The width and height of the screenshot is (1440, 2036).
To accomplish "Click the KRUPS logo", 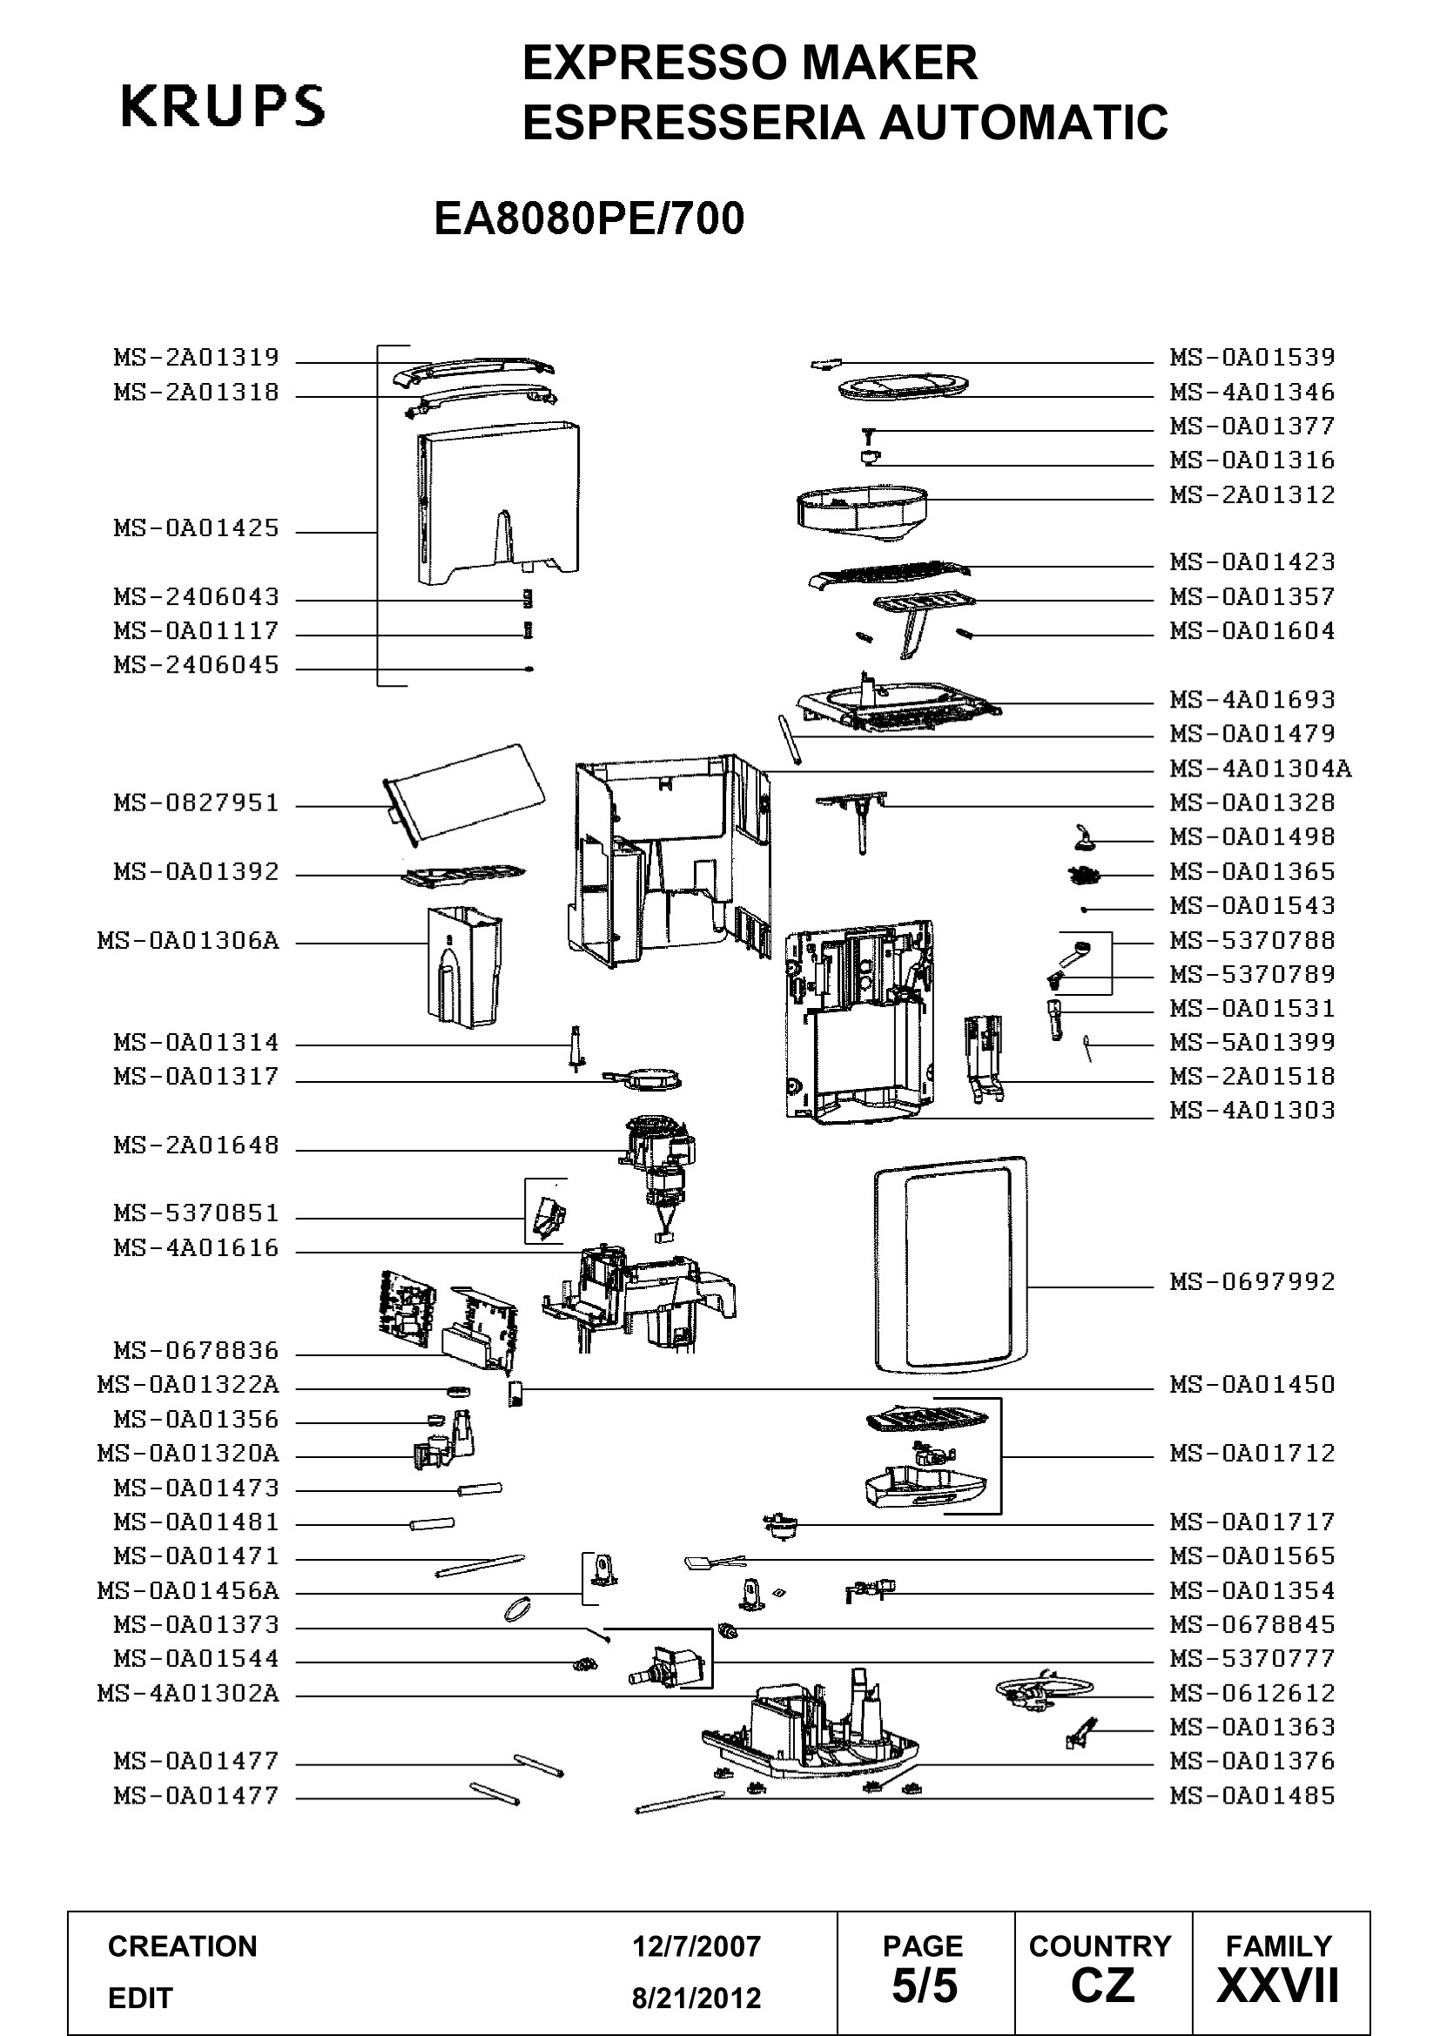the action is [x=223, y=105].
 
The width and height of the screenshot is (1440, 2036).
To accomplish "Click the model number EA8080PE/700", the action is [x=589, y=218].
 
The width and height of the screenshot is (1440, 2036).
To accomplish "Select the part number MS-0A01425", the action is [x=196, y=528].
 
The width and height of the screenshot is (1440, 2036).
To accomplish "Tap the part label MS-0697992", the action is [x=1252, y=1281].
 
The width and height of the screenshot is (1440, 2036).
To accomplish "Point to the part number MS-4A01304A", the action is [x=1260, y=768].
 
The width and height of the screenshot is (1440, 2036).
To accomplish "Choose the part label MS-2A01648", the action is [x=196, y=1146].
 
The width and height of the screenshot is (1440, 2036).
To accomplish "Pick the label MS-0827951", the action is [x=196, y=803].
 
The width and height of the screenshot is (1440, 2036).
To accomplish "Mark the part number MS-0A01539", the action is [x=1252, y=358].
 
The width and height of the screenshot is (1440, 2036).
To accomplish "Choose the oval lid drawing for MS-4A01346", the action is [x=902, y=386].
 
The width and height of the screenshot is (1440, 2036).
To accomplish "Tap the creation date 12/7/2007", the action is [x=696, y=1946].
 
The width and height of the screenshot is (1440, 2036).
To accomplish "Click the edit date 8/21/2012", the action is [x=696, y=1998].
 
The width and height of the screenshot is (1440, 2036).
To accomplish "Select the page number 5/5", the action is [x=924, y=1986].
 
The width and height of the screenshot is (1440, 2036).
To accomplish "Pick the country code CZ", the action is [x=1102, y=1986].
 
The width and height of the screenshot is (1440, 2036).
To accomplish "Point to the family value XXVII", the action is [x=1278, y=1986].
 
